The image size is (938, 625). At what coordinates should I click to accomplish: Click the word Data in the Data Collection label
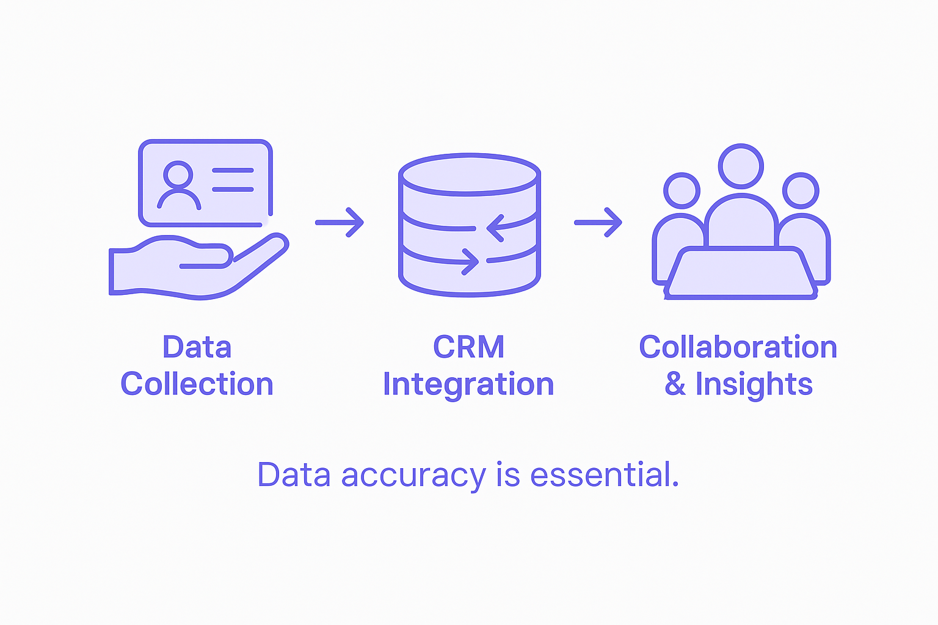(197, 347)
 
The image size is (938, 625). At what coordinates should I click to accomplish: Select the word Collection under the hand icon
(197, 385)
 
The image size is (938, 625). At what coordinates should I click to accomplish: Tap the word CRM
(468, 347)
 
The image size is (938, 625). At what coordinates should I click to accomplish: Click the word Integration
(468, 385)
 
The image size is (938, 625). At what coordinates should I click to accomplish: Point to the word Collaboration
(738, 347)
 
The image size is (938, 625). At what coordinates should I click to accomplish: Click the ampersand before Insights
(675, 385)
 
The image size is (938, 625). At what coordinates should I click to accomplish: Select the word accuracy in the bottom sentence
(413, 475)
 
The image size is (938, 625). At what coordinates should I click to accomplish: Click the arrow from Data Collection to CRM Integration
(340, 222)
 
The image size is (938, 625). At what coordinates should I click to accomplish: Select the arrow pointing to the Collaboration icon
(598, 222)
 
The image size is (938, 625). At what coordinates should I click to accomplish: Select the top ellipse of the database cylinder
(469, 175)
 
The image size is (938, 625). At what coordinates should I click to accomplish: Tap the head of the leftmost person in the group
(682, 190)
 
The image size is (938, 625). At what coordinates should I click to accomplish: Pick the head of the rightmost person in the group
(800, 190)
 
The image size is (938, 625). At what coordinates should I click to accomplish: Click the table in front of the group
(741, 273)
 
